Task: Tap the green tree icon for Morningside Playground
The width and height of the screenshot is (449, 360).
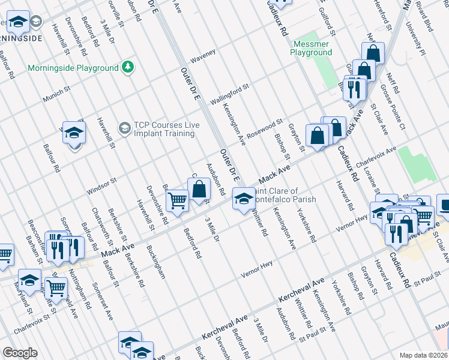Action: click(128, 67)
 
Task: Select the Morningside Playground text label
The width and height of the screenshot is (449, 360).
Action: click(73, 68)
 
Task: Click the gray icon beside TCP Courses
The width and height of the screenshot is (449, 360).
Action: click(124, 127)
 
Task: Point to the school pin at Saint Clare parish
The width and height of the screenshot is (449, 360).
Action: click(243, 199)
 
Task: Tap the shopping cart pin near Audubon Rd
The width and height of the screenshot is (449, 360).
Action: click(177, 200)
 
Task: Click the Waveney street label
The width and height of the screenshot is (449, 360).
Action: click(203, 54)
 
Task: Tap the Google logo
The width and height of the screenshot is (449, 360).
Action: click(20, 353)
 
